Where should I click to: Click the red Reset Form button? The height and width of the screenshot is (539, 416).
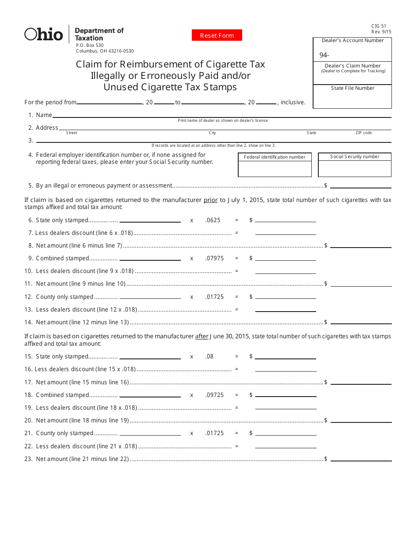coord(217,35)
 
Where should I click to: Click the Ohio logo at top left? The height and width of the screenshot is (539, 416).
coord(44,34)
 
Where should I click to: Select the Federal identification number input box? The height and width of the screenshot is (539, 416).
coord(275,169)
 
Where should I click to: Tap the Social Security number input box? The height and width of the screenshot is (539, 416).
coord(354,169)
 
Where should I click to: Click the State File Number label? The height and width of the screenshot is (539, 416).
coord(353,88)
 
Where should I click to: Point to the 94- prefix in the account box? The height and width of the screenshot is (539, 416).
coord(324,55)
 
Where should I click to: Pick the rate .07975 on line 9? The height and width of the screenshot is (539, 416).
coord(214,258)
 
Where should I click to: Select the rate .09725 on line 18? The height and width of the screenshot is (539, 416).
coord(214,395)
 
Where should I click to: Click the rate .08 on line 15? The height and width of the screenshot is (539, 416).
coord(209,356)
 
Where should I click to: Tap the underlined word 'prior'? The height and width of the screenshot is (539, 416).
coord(211,200)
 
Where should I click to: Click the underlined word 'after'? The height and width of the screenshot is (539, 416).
coord(202,337)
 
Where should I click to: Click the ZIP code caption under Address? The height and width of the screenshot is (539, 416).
coord(363,133)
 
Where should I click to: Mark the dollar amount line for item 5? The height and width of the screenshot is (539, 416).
coord(360,186)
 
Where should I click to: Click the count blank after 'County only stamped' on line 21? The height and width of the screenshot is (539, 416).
coord(150,433)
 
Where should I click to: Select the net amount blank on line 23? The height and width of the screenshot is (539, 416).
coord(360,459)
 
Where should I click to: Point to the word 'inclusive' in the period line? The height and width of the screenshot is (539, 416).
coord(293,102)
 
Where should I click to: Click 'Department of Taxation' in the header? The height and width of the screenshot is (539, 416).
coord(99,34)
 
